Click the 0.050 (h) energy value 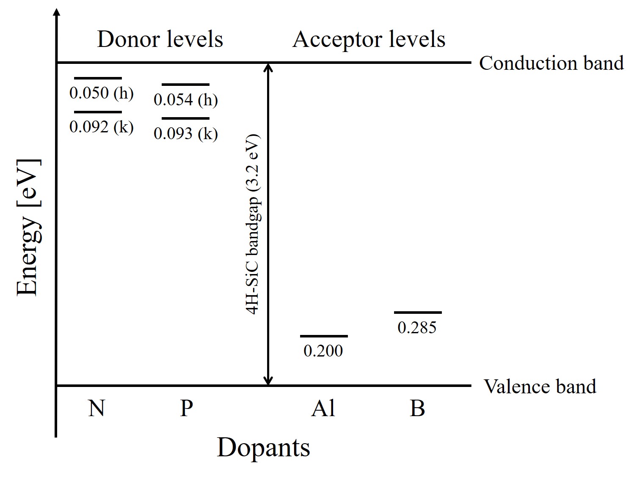click(102, 93)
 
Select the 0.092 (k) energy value click(102, 127)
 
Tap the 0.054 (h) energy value click(186, 100)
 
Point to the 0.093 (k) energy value click(186, 134)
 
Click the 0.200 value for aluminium click(323, 351)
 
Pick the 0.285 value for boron click(417, 327)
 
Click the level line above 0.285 click(418, 313)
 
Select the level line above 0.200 click(324, 336)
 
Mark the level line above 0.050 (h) click(98, 78)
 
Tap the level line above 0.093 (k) click(185, 118)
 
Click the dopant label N click(97, 409)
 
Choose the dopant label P click(186, 409)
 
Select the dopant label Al click(323, 409)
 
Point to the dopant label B click(417, 409)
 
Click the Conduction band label click(551, 63)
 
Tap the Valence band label click(540, 386)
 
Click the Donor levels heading click(160, 39)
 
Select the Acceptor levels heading click(369, 39)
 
